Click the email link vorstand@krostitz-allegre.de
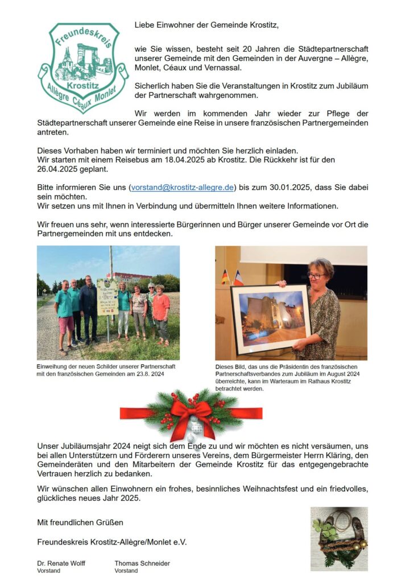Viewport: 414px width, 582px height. point(182,187)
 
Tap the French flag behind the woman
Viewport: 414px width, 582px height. point(238,278)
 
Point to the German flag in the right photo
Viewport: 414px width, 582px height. point(225,276)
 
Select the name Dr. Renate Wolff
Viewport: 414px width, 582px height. point(62,563)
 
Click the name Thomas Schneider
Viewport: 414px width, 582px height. point(142,563)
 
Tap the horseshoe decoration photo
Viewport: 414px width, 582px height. point(339,539)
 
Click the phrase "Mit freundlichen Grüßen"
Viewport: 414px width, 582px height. point(80,522)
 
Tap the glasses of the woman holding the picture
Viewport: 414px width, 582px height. point(316,275)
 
